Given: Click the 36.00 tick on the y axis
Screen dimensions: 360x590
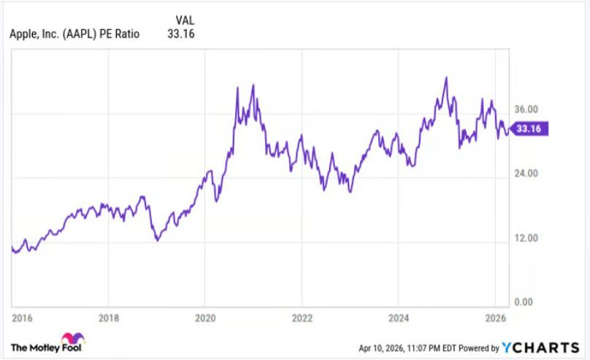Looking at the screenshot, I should coord(526,109).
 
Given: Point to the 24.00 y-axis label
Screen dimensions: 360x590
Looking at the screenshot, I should coord(526,173).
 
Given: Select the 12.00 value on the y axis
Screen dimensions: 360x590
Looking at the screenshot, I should coord(526,238).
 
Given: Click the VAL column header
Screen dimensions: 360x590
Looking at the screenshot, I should coord(185,20).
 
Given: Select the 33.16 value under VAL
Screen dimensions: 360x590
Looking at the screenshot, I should coord(181,34).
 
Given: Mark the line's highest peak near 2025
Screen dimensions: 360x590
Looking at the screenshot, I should coord(445,77).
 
